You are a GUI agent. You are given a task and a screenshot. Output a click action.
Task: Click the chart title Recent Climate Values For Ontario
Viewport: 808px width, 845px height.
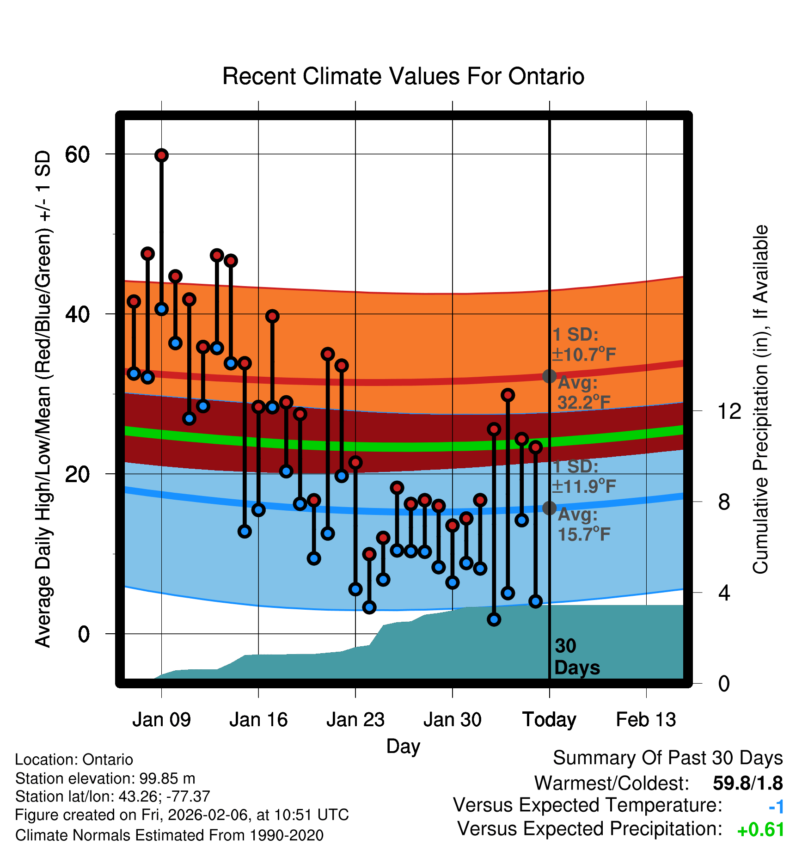coord(403,76)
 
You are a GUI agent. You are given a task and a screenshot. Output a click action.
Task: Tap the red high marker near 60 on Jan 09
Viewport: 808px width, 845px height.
coord(161,155)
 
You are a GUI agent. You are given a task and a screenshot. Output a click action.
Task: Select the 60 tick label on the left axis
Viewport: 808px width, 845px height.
coord(77,154)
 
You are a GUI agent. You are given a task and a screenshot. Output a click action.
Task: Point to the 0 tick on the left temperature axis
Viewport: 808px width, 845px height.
coord(84,634)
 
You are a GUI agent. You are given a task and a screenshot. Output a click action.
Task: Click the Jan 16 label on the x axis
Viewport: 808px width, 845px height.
coord(258,720)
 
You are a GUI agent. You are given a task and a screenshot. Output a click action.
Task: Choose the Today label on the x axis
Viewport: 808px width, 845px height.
coord(549,720)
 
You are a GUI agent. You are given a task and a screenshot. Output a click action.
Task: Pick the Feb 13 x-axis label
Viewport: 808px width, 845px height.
coord(646,720)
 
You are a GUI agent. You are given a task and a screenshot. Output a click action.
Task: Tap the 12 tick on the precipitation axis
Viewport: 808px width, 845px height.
coord(729,411)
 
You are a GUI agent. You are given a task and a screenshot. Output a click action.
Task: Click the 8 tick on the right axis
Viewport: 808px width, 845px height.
coord(724,502)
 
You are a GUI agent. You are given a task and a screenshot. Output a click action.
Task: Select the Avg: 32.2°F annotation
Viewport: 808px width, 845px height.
coord(583,393)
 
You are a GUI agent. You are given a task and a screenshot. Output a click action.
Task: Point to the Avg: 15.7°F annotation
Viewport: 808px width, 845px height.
coord(583,525)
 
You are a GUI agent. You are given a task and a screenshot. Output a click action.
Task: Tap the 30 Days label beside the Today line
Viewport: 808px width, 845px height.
coord(576,657)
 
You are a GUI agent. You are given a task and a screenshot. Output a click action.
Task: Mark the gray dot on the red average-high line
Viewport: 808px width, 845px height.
coord(549,376)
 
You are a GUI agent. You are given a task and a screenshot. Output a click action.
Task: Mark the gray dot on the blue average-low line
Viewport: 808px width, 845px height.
coord(549,508)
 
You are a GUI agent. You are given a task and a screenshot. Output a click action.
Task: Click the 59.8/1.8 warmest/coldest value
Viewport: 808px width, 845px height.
coord(747,783)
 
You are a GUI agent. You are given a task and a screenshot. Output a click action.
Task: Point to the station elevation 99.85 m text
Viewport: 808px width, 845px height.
coord(105,778)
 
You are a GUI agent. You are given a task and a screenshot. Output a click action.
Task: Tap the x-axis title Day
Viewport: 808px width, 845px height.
coord(403,746)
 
